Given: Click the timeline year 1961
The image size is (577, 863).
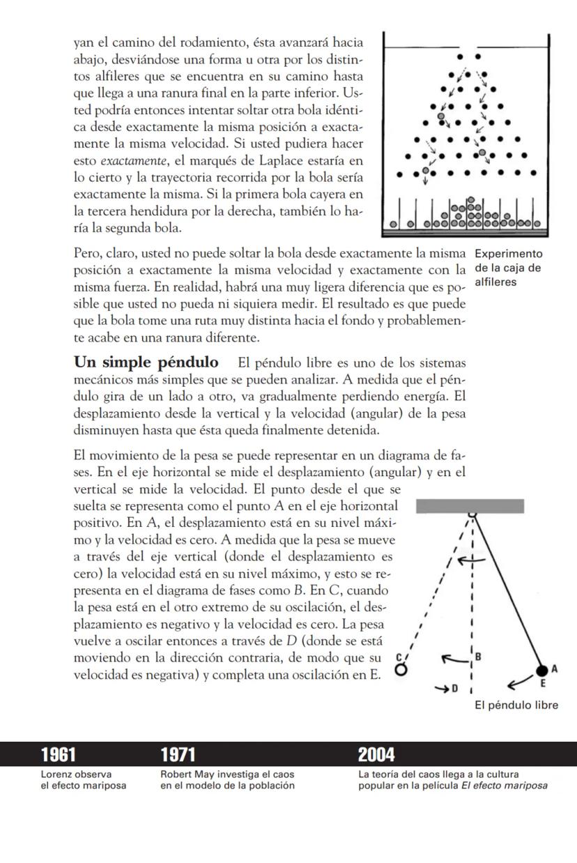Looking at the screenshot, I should coord(59,754).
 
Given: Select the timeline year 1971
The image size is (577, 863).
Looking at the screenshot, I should coord(178,754).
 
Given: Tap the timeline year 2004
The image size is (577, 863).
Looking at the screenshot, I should coord(376,754).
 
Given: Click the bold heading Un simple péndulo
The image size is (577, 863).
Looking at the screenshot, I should coord(144,363).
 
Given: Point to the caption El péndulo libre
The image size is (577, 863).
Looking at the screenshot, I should coord(516,705).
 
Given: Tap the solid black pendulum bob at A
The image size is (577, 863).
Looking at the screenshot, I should coord(543,670).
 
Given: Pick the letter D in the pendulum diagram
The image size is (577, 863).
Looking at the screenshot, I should coord(454,689).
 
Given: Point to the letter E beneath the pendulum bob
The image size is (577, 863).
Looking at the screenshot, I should coord(543,684).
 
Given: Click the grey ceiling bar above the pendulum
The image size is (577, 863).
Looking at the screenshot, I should coord(470,506).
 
